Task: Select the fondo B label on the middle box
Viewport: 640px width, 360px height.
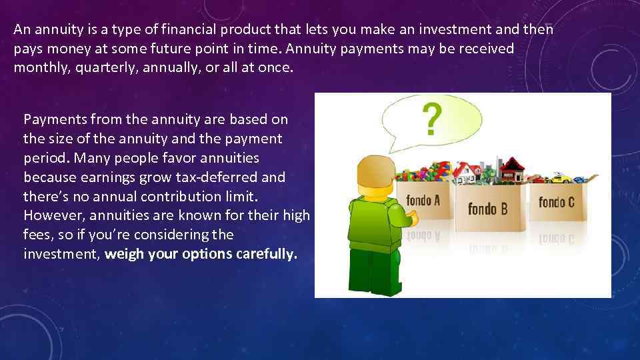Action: [487, 209]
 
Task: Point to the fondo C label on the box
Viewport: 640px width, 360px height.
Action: [556, 201]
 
